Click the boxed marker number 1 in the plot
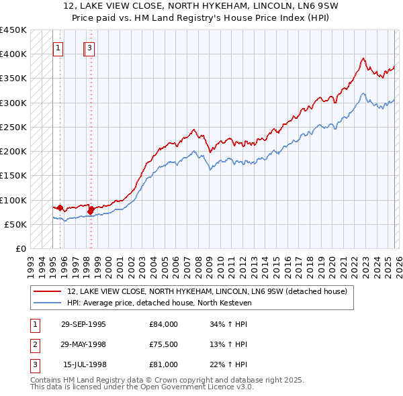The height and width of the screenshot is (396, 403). click(x=58, y=48)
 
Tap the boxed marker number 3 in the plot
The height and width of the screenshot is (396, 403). click(x=90, y=48)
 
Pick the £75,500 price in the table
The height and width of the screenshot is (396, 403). click(x=163, y=344)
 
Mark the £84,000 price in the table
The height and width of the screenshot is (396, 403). click(x=163, y=324)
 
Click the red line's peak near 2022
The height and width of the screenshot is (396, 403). click(x=362, y=58)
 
